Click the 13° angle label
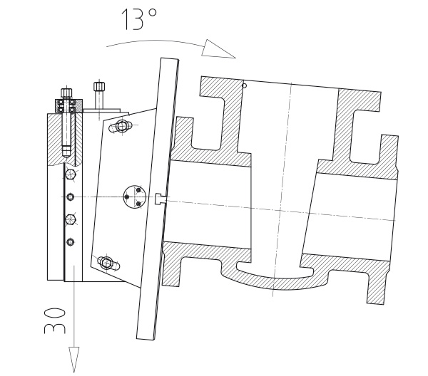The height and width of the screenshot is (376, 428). (x=138, y=19)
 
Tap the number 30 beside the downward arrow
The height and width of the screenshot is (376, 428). (x=55, y=320)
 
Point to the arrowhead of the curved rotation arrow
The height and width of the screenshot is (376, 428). (x=218, y=50)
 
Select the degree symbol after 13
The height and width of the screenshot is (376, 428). (x=153, y=13)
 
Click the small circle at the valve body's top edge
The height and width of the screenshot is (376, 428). (x=245, y=86)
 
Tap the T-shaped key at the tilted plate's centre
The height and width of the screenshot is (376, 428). (x=160, y=199)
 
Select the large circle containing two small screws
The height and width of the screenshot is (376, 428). (x=135, y=197)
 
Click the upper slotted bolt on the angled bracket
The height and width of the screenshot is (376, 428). (x=122, y=126)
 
